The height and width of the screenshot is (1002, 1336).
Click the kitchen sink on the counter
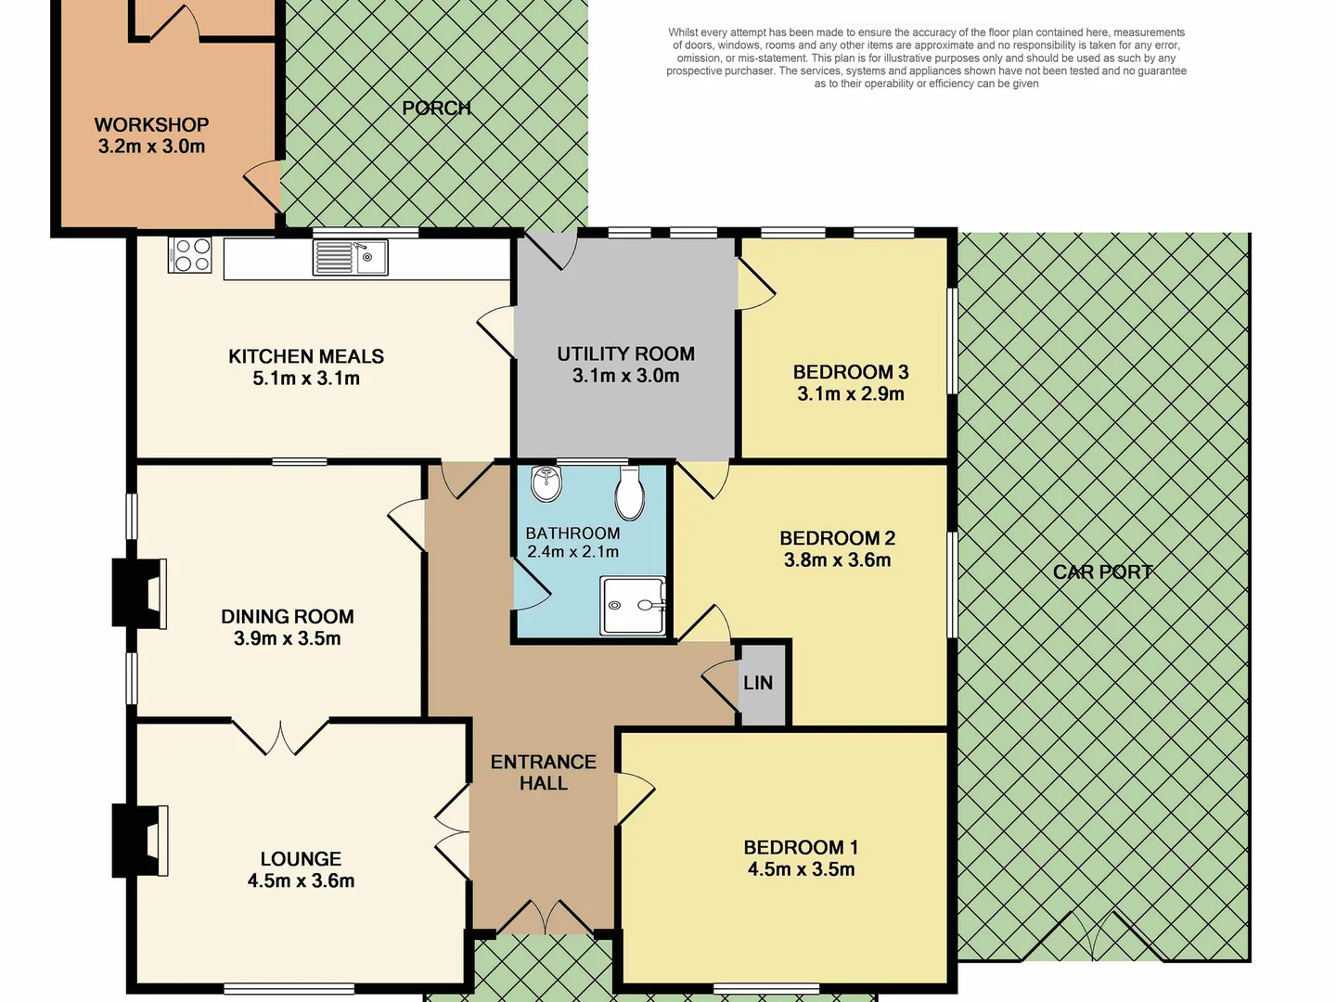coord(350,257)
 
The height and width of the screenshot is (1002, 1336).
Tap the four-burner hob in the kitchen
coord(189,255)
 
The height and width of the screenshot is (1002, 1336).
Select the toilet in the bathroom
coord(630,494)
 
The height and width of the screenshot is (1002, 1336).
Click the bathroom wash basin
coord(546,483)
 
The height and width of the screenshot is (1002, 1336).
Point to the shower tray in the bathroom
coord(634,606)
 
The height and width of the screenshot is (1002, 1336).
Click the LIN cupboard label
coord(758,683)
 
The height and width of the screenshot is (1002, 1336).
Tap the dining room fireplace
coord(138,592)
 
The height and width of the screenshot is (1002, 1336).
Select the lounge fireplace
coord(138,841)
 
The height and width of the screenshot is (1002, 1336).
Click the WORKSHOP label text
coord(151,124)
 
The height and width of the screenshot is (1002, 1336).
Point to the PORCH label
coord(436,109)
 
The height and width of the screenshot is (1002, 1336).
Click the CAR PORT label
coord(1102,572)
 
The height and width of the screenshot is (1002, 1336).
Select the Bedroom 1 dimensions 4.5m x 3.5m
coord(801,869)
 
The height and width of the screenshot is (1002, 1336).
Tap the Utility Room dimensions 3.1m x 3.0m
coord(625,376)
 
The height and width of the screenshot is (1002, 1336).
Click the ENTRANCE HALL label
coord(544,772)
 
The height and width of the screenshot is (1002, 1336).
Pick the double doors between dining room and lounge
coord(279,735)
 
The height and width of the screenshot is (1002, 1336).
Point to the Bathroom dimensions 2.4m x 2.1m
coord(572,552)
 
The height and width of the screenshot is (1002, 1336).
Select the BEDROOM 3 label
coord(850,372)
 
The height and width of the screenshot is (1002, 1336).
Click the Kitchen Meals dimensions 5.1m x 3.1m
coord(306,379)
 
